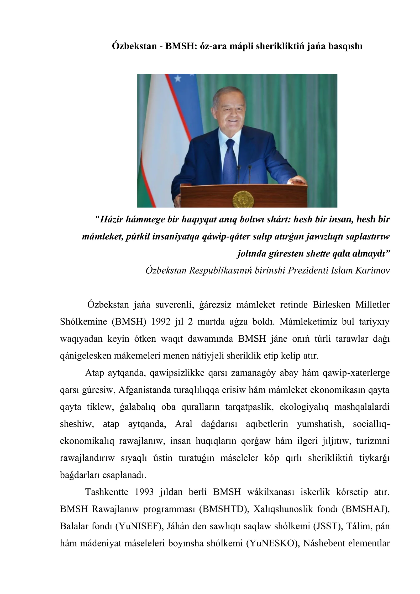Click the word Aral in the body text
point(183,424)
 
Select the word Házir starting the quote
point(111,220)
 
